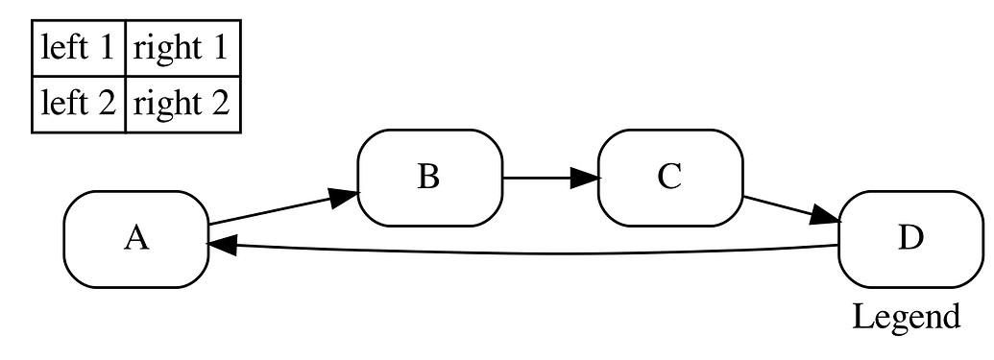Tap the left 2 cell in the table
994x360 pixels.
(79, 103)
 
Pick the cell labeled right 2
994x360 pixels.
(182, 103)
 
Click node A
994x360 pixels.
(136, 239)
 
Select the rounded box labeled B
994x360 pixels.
(429, 178)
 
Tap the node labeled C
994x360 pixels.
(669, 178)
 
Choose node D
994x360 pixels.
(909, 239)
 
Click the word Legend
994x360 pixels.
(906, 316)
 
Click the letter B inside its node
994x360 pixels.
(429, 178)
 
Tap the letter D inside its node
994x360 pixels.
(909, 239)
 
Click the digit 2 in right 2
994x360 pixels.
(220, 103)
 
